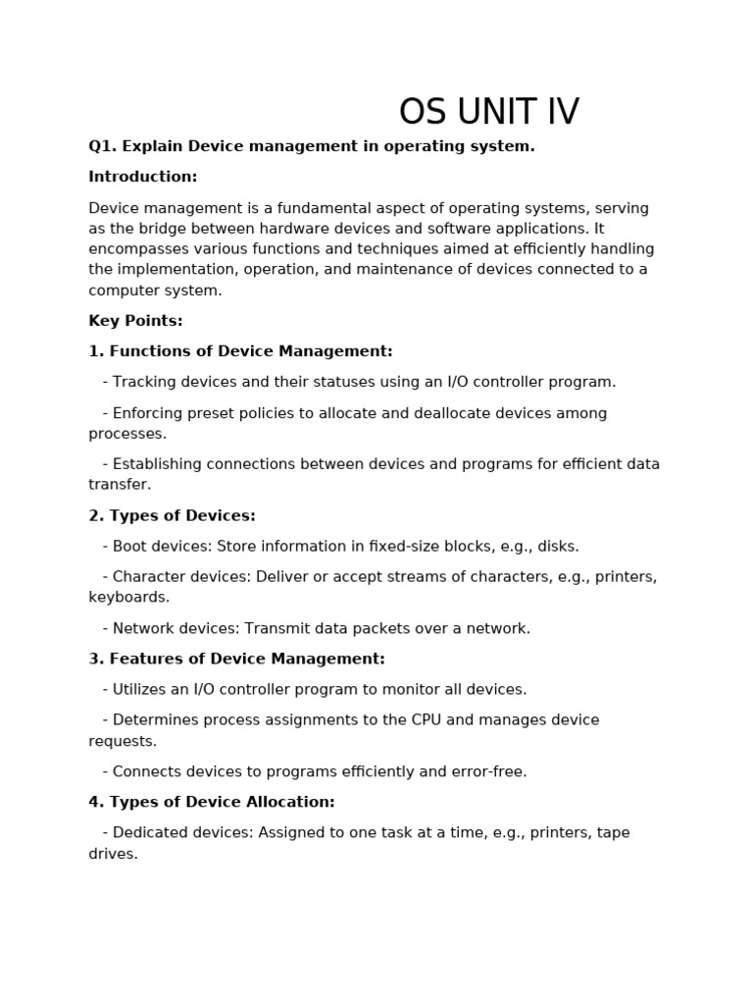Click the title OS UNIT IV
pyautogui.click(x=488, y=113)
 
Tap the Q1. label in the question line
pyautogui.click(x=102, y=146)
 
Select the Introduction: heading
pyautogui.click(x=143, y=177)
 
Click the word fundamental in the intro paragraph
pyautogui.click(x=328, y=208)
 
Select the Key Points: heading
pyautogui.click(x=135, y=321)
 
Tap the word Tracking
pyautogui.click(x=143, y=383)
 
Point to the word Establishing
pyautogui.click(x=157, y=464)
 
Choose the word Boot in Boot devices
pyautogui.click(x=129, y=547)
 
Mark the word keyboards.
pyautogui.click(x=128, y=597)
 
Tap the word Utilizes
pyautogui.click(x=140, y=690)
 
